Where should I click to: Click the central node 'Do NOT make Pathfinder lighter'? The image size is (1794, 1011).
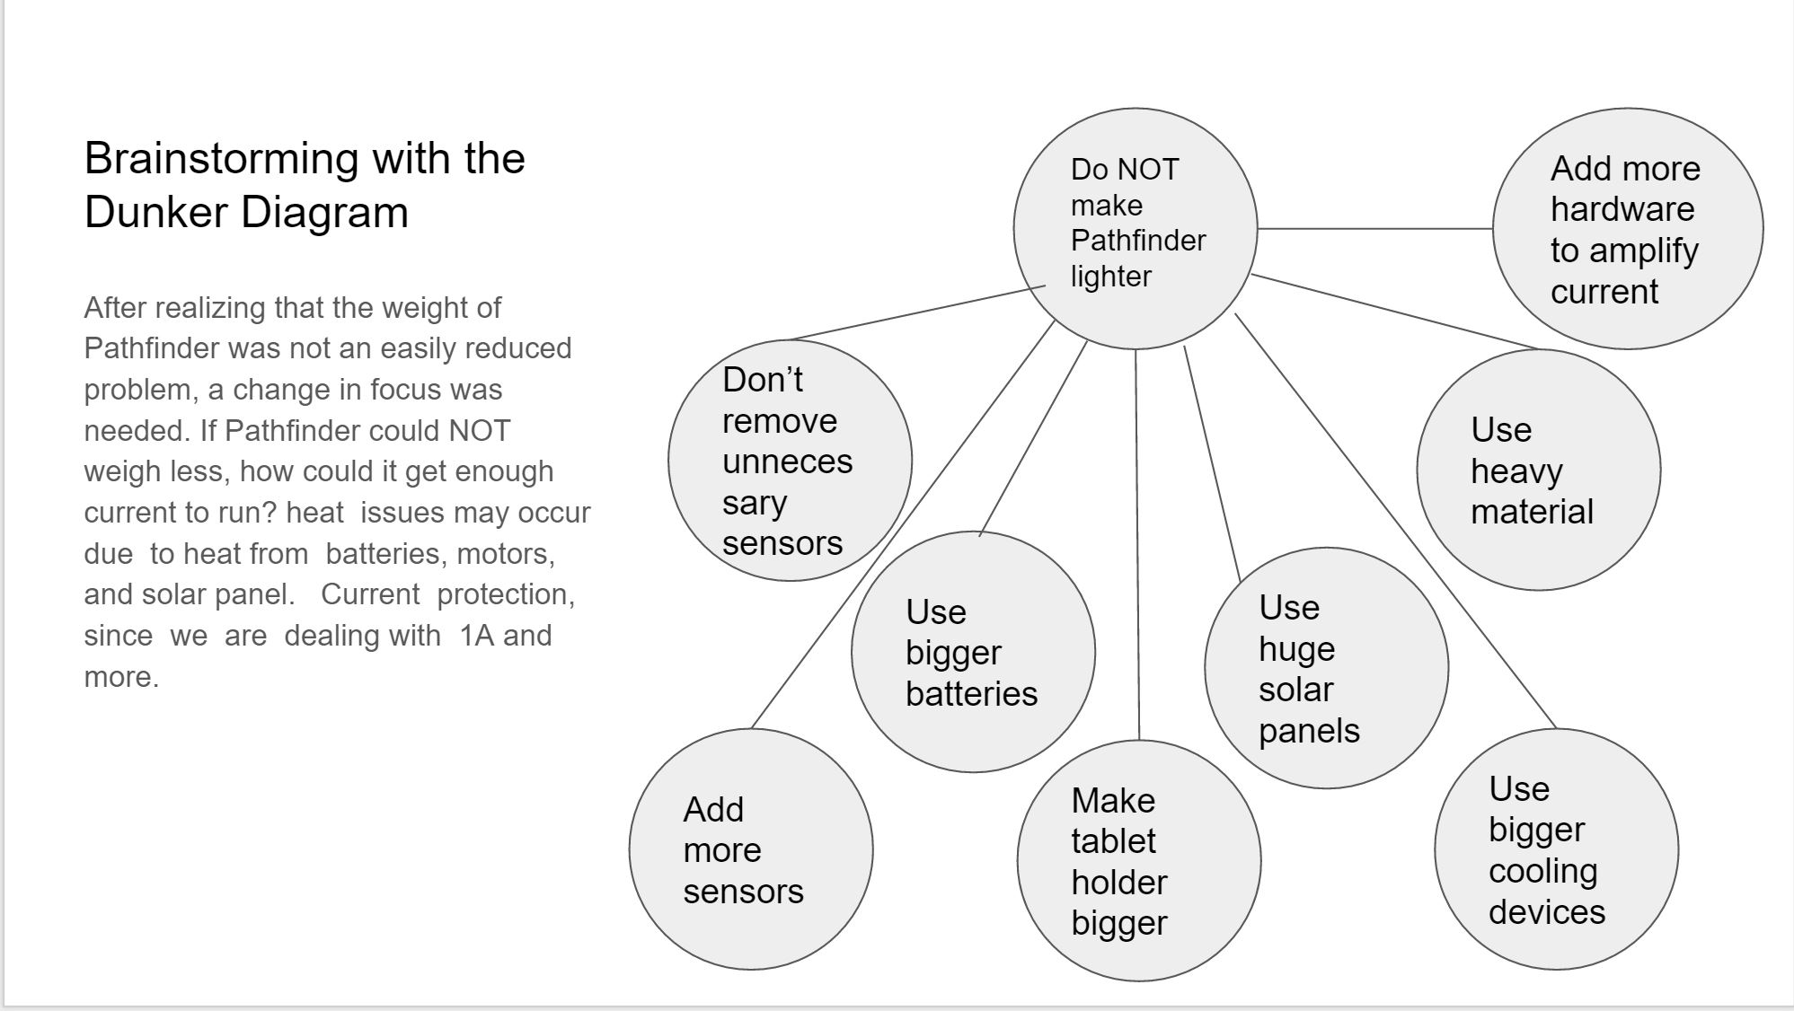1136,228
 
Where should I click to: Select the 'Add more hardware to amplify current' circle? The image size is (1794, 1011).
1628,228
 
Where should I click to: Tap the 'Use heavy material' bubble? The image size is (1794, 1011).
1539,470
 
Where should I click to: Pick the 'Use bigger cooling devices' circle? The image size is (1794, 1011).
1557,848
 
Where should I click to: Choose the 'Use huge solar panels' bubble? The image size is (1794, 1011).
1327,668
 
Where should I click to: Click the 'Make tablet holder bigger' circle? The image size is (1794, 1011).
1139,860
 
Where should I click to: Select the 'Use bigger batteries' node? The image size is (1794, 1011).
974,652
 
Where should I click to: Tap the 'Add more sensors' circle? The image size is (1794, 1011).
751,848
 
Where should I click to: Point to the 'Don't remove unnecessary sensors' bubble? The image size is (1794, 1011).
791,460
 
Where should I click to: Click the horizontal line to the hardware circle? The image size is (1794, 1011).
1375,228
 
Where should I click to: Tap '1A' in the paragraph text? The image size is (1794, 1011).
477,636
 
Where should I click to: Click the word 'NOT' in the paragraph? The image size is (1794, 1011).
480,431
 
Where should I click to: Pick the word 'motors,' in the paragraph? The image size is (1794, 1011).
506,555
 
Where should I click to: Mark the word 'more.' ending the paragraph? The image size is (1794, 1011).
121,677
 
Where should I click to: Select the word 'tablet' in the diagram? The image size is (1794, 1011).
1113,841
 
